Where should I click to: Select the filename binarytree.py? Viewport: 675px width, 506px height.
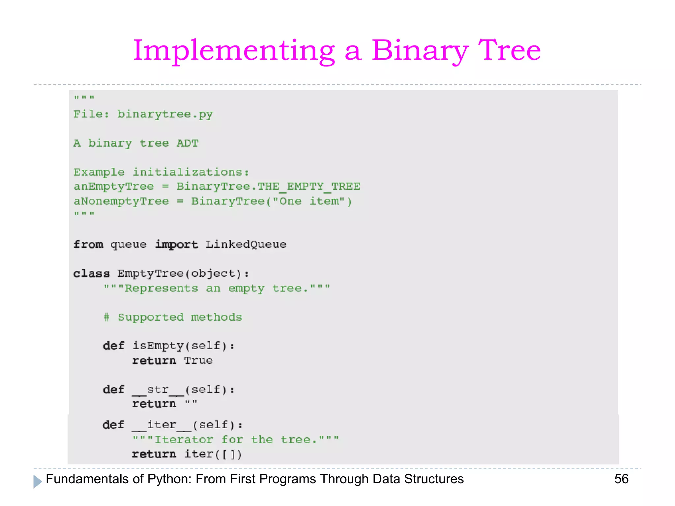165,114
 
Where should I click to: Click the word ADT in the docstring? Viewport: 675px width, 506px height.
188,143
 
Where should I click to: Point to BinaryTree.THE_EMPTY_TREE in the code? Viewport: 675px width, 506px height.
268,186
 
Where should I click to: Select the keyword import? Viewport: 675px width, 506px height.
177,244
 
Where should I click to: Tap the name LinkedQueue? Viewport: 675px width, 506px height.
246,244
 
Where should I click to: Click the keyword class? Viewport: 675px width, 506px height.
91,274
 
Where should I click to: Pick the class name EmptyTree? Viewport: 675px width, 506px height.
150,273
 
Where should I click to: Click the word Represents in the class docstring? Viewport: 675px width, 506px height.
161,289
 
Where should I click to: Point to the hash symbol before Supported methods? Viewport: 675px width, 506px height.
106,317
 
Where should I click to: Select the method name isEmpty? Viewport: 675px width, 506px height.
158,346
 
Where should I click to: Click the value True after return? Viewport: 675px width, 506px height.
198,360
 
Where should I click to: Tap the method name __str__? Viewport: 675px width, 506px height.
158,390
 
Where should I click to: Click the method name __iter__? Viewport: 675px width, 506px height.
161,425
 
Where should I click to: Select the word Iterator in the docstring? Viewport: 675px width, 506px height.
184,440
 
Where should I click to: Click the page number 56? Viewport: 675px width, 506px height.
621,479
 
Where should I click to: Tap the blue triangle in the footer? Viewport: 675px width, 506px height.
38,481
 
